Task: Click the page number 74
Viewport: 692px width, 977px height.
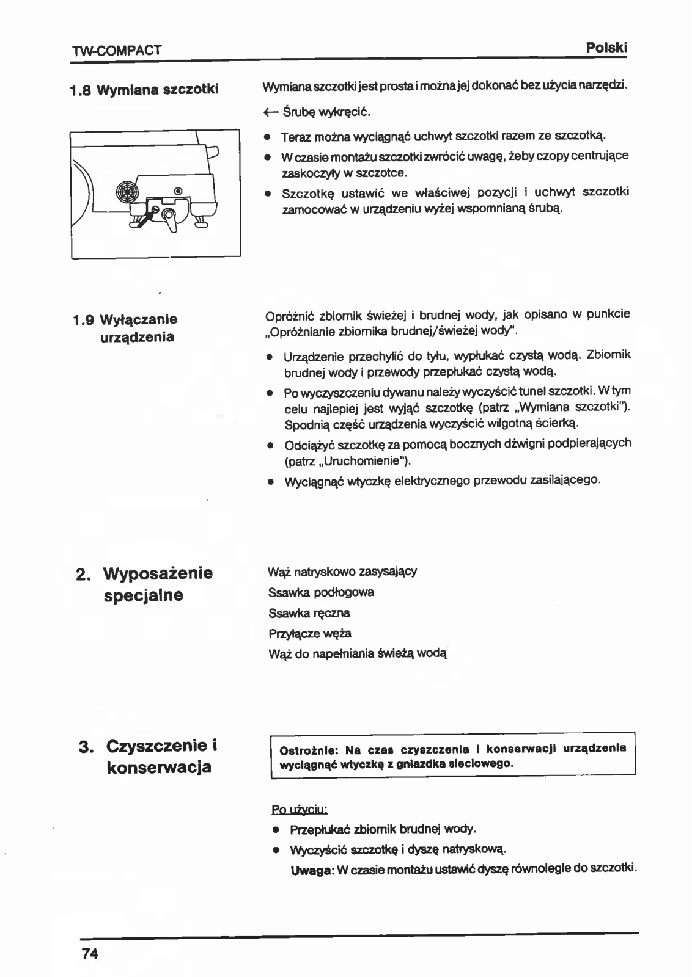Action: pyautogui.click(x=89, y=954)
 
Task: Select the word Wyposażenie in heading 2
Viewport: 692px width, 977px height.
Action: pyautogui.click(x=158, y=573)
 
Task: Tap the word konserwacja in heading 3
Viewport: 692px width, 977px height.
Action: pyautogui.click(x=159, y=767)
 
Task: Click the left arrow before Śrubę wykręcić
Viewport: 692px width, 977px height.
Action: pyautogui.click(x=270, y=112)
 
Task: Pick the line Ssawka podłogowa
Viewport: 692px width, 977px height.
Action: pyautogui.click(x=321, y=592)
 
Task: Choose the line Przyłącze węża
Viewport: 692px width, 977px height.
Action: pyautogui.click(x=309, y=633)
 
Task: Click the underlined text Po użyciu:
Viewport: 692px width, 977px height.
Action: pyautogui.click(x=300, y=810)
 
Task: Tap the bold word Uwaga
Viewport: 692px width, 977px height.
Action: pyautogui.click(x=311, y=869)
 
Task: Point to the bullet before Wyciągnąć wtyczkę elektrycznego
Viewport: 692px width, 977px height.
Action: pyautogui.click(x=269, y=481)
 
